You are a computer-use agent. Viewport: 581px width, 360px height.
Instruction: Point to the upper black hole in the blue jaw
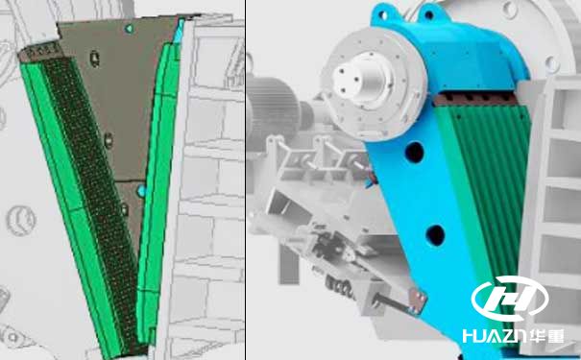point(414,153)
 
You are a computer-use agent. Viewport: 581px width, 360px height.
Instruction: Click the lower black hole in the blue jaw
point(435,235)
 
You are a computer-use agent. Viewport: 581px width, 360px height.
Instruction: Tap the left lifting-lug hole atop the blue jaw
point(383,16)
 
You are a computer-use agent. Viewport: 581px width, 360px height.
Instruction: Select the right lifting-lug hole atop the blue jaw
point(429,15)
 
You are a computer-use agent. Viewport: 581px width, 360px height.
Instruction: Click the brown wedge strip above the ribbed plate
point(475,99)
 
